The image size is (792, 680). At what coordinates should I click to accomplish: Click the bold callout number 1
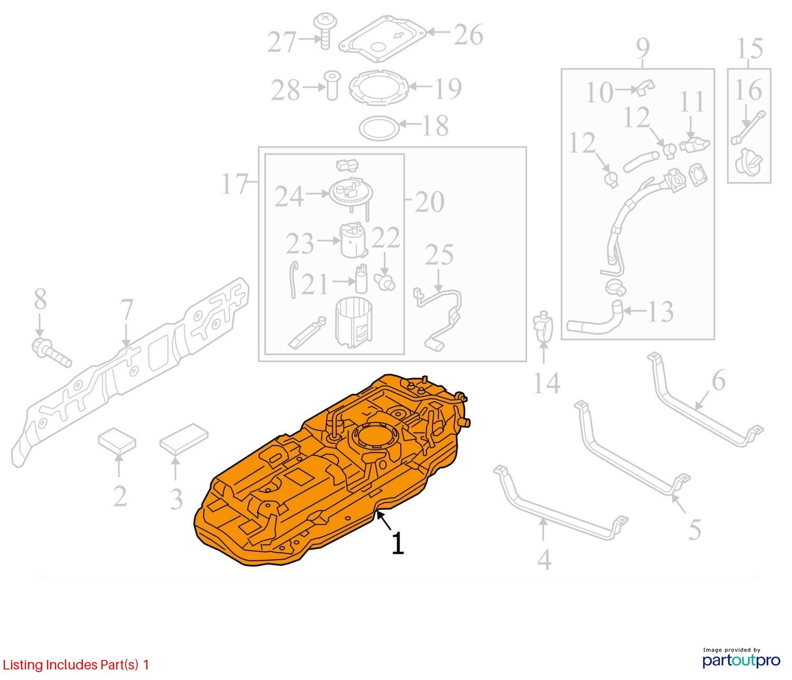point(398,543)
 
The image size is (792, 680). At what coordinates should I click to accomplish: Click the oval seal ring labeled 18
point(378,127)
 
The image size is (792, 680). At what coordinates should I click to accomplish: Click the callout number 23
point(299,243)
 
